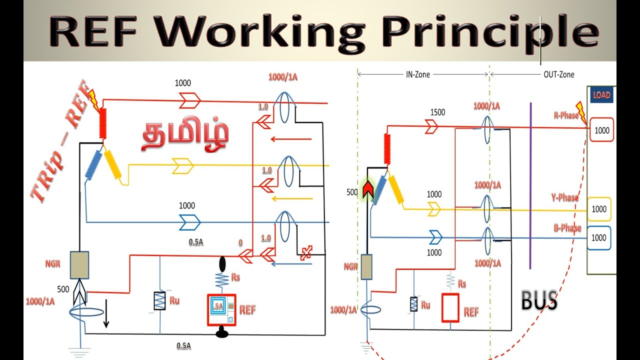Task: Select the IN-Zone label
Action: click(x=417, y=74)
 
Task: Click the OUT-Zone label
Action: click(x=558, y=74)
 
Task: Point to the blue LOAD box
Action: click(x=601, y=95)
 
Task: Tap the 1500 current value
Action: click(x=437, y=112)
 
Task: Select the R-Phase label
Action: click(x=565, y=115)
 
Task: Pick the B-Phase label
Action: click(x=567, y=228)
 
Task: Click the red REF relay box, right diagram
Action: click(x=450, y=307)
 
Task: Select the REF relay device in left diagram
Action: click(x=221, y=310)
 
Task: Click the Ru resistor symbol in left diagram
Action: click(x=159, y=300)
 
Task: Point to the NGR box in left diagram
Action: click(x=79, y=265)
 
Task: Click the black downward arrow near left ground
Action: click(x=106, y=318)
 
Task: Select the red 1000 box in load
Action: click(x=601, y=130)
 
